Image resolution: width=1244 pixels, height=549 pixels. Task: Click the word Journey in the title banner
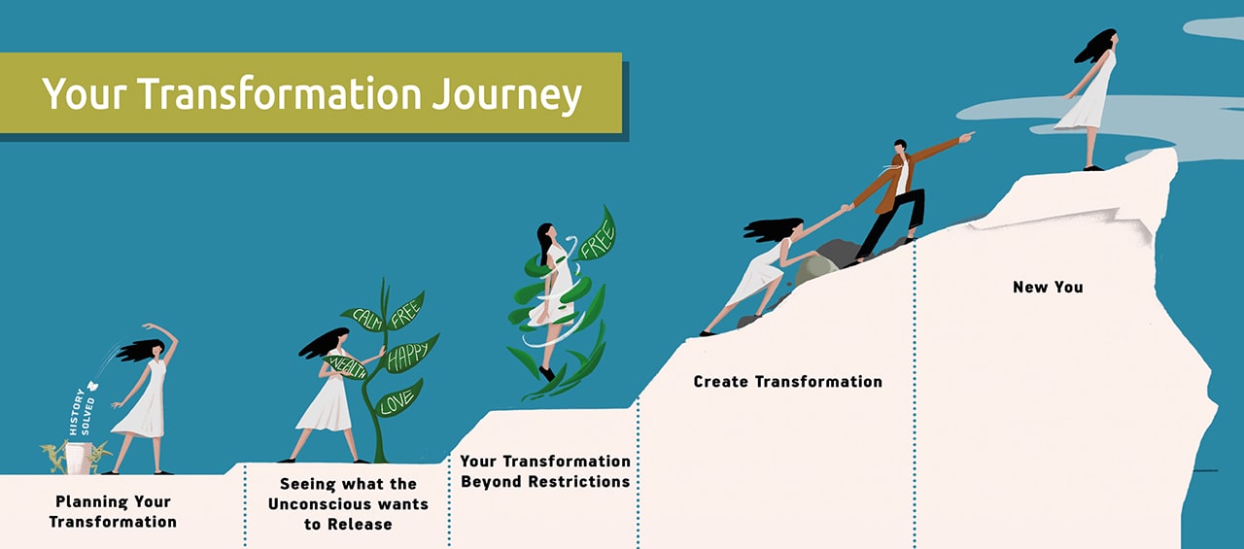[x=506, y=95]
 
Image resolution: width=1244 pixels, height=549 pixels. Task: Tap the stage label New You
[x=1048, y=287]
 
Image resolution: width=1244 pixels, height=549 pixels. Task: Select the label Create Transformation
[x=787, y=381]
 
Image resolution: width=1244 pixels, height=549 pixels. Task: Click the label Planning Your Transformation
[x=113, y=511]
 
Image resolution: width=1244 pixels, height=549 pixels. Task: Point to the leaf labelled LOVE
[x=398, y=398]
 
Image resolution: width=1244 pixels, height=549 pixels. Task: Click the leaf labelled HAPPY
[x=411, y=353]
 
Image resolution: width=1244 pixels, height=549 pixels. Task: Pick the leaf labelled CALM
[x=364, y=319]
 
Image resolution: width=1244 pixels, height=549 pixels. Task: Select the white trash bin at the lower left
[x=79, y=458]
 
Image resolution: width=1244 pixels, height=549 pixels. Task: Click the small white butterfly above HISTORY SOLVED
[x=92, y=386]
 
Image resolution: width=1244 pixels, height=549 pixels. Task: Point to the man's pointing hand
[x=967, y=136]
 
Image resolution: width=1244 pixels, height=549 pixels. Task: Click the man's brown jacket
[x=900, y=175]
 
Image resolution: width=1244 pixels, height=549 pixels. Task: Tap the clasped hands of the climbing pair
[x=847, y=208]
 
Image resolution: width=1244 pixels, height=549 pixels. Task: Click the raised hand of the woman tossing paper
[x=148, y=326]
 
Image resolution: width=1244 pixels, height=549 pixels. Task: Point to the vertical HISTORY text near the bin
[x=76, y=412]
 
